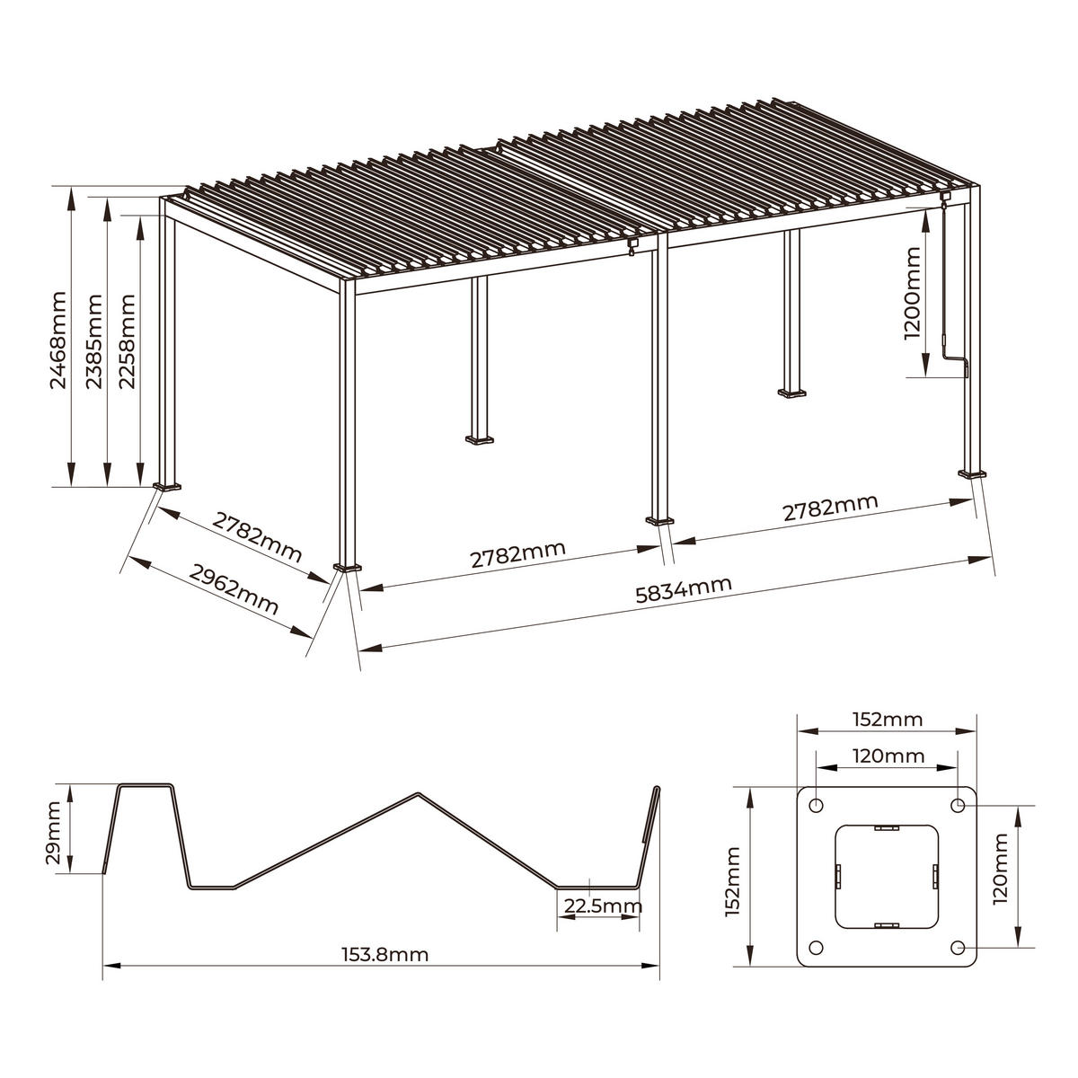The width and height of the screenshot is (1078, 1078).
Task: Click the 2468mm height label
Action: tap(58, 339)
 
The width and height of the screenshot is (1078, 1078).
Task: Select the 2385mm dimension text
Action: tap(93, 339)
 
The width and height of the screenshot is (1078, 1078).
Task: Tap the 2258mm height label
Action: tap(128, 339)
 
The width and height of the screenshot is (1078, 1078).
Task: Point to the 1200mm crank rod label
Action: tap(913, 294)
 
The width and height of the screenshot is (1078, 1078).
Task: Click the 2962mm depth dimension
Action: tap(234, 588)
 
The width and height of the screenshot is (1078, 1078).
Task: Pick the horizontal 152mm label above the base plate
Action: tap(888, 720)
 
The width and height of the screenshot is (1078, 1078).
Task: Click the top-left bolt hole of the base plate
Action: tap(816, 805)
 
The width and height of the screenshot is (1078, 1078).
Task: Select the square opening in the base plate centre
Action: tap(887, 876)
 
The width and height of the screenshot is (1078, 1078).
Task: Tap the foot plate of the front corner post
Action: tap(348, 568)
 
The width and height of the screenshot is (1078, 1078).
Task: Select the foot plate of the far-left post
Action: tap(166, 488)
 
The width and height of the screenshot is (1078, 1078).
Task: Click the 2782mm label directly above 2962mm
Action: tap(257, 535)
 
